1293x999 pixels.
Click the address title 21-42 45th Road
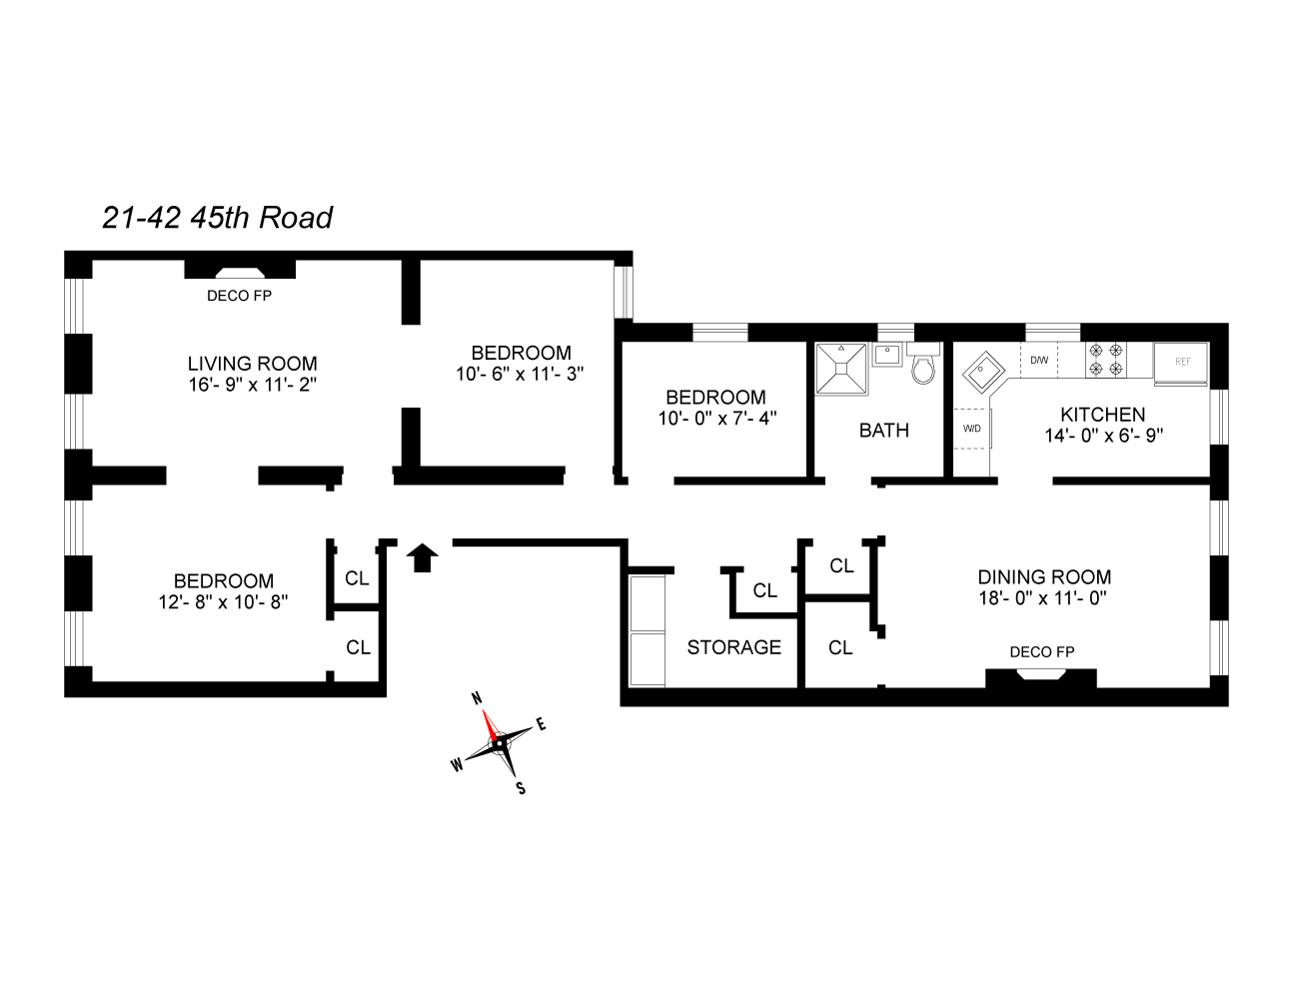pos(217,217)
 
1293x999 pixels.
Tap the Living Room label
pos(252,364)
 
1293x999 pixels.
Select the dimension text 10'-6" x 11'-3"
pos(520,375)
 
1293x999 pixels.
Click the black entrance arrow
pos(423,557)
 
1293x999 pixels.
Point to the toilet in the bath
pos(923,368)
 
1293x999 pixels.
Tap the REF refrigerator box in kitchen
pos(1182,362)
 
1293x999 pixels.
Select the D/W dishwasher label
pos(1039,360)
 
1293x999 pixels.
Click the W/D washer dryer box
pos(971,429)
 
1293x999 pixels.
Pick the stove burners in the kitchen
pos(1105,360)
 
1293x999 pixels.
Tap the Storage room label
pos(733,647)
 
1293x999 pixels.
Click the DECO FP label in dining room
pos(1041,652)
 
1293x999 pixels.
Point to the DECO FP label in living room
pos(239,296)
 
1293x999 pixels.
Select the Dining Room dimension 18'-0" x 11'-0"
pos(1042,598)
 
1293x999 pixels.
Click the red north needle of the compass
pos(489,723)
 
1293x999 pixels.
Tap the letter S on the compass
pos(520,788)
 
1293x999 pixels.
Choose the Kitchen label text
pos(1102,414)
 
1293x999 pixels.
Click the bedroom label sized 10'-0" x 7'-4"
pos(715,397)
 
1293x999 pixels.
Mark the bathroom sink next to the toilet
pos(886,355)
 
